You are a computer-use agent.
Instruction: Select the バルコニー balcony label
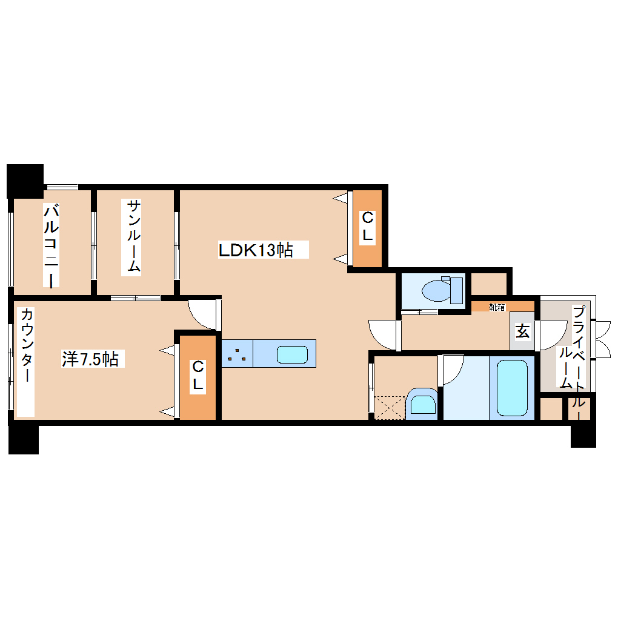point(52,245)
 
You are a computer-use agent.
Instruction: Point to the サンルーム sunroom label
point(134,236)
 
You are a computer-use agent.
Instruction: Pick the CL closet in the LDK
point(367,228)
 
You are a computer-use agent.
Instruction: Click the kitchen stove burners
point(237,354)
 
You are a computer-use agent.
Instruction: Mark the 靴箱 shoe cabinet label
point(497,307)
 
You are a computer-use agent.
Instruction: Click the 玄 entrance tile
point(522,331)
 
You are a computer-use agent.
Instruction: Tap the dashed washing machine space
point(388,407)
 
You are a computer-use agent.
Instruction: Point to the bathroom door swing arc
point(451,370)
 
